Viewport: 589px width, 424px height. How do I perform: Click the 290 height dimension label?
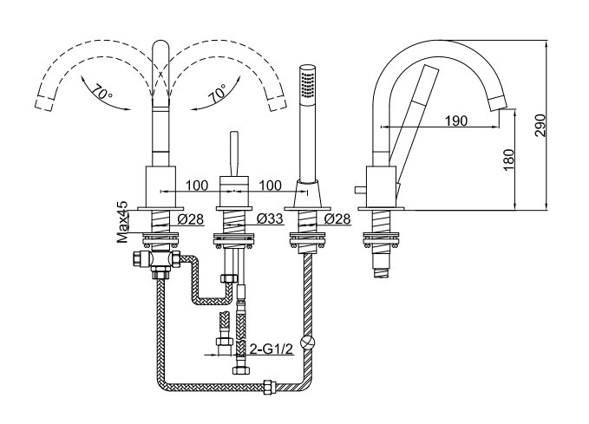click(540, 126)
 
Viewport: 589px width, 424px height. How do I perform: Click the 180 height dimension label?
click(508, 160)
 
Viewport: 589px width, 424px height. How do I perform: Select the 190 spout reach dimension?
click(456, 121)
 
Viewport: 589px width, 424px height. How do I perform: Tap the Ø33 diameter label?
click(270, 219)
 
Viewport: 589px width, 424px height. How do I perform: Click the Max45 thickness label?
click(122, 222)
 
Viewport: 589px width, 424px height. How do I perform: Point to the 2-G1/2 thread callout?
click(272, 349)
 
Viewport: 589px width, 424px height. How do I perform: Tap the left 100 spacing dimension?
click(196, 186)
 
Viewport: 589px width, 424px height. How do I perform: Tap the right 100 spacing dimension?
click(270, 186)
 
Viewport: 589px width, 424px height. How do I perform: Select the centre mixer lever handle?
click(234, 153)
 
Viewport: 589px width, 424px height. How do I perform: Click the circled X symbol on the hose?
click(308, 342)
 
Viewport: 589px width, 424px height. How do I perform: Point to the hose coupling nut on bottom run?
click(269, 387)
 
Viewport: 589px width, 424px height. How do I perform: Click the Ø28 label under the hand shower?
click(337, 219)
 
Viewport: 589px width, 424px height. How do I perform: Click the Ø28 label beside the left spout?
click(191, 219)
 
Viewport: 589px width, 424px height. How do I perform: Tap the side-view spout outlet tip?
click(500, 102)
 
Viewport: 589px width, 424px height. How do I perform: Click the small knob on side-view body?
click(360, 190)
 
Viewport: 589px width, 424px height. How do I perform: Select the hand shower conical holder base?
click(307, 193)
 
